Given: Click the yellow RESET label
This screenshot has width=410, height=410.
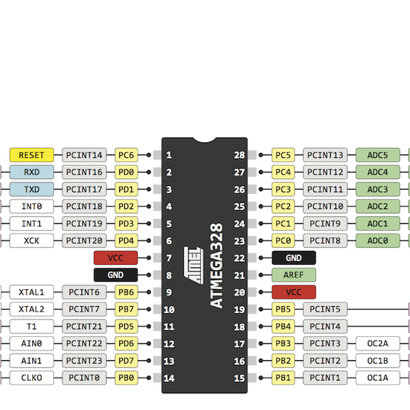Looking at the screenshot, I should click(x=31, y=155).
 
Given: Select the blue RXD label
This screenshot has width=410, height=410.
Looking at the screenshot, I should click(x=31, y=172).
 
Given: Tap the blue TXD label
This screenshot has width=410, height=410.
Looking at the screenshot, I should click(x=31, y=189).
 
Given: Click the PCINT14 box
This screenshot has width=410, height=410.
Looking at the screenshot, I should click(x=85, y=155).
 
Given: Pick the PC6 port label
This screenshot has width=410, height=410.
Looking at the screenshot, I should click(x=126, y=155).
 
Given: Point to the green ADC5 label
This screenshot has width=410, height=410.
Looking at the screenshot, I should click(x=377, y=155).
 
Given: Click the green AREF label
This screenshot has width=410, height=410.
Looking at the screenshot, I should click(x=294, y=275).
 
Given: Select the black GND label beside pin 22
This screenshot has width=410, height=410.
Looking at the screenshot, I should click(x=294, y=258).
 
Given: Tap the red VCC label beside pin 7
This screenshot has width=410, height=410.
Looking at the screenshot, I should click(x=115, y=258).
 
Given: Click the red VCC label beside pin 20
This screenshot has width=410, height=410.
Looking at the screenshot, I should click(x=294, y=292).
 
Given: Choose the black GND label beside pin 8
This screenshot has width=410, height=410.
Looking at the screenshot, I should click(x=115, y=275).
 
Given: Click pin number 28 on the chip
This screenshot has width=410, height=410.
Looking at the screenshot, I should click(x=239, y=156).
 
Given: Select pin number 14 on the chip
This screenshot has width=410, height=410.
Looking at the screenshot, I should click(x=169, y=378).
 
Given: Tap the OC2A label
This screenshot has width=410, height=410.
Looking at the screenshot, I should click(x=377, y=343).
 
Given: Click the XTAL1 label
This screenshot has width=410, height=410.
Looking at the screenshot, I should click(x=31, y=292).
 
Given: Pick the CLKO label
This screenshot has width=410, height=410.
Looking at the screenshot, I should click(x=31, y=377).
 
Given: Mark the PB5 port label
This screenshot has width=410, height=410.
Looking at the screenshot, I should click(x=283, y=309).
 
